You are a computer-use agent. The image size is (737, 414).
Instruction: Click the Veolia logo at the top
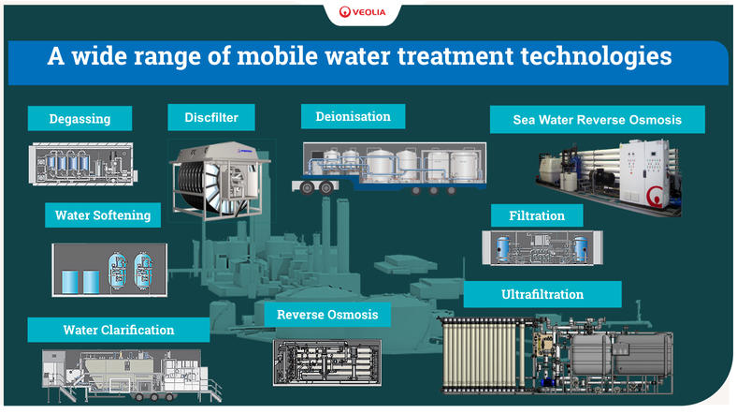(x=362, y=12)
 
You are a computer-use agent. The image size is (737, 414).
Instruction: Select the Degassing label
(x=79, y=119)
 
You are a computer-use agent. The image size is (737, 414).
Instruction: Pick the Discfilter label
(x=211, y=117)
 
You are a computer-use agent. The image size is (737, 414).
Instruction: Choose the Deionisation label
(x=353, y=116)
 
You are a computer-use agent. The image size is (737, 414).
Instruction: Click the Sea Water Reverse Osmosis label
(x=597, y=120)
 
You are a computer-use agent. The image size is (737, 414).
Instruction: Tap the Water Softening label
(x=103, y=215)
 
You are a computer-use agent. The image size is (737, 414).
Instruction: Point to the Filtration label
(x=537, y=215)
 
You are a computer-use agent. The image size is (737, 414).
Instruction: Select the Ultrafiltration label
(x=542, y=294)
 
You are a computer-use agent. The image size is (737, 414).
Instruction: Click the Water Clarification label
(x=119, y=330)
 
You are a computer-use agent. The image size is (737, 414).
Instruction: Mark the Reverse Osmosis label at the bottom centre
(x=327, y=315)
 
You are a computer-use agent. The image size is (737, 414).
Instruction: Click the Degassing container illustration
(x=82, y=164)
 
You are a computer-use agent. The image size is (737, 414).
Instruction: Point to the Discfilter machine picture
(x=220, y=181)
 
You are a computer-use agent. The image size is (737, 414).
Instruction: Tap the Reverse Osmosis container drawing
(x=327, y=362)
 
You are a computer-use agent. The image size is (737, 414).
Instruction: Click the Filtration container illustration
(x=542, y=247)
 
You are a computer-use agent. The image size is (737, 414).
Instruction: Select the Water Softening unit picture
(x=109, y=270)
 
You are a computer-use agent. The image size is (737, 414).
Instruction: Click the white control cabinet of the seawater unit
(x=643, y=173)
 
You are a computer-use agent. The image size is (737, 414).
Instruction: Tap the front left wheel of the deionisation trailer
(x=307, y=188)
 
